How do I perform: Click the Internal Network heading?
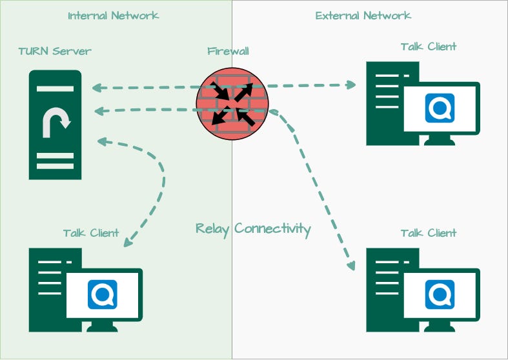click(114, 15)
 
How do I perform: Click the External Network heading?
click(363, 15)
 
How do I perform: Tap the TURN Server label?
click(55, 51)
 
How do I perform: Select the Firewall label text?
click(228, 51)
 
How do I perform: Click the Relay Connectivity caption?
click(253, 229)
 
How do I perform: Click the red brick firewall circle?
click(232, 104)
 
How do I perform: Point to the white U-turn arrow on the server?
click(56, 123)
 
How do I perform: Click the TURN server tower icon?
click(55, 125)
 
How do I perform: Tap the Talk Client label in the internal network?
click(91, 233)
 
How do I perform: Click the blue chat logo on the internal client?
click(103, 294)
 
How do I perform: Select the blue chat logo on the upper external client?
click(440, 108)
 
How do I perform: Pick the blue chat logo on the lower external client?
click(440, 294)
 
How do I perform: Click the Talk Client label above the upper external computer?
click(429, 46)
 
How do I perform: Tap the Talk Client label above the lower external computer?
click(429, 233)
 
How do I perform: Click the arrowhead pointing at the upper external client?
click(351, 85)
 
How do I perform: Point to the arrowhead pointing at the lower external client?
click(351, 266)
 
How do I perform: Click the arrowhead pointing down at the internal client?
click(128, 242)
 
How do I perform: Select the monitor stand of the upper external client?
click(440, 140)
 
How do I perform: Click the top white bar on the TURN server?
click(55, 88)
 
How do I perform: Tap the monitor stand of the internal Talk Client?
click(102, 326)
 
